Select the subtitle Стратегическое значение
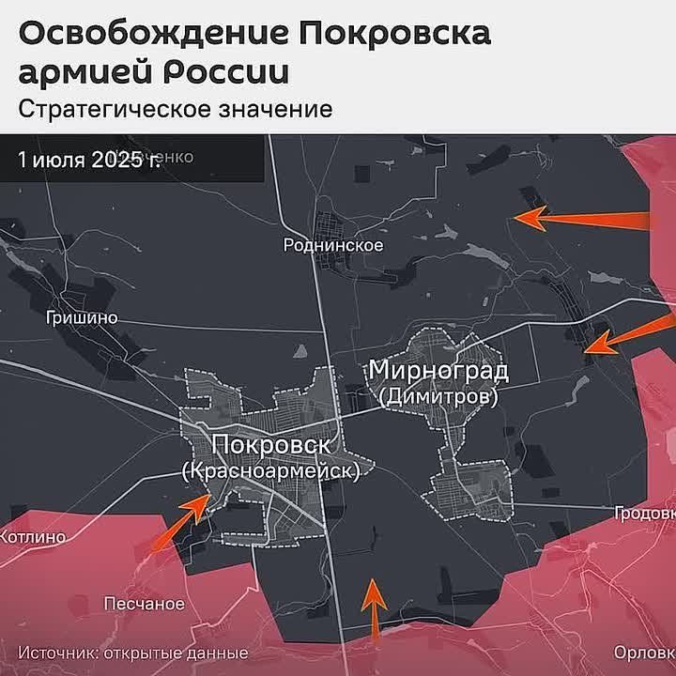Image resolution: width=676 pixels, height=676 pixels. point(176,109)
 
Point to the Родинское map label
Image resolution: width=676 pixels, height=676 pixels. point(334,245)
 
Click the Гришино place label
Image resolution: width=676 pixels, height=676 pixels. point(82,317)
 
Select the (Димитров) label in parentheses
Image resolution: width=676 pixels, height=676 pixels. point(438,397)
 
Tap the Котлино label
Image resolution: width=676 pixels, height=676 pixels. point(33,538)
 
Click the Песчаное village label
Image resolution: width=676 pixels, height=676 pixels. point(144,603)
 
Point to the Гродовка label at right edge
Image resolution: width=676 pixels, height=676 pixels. point(645,514)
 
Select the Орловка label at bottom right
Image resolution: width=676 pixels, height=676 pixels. point(643,653)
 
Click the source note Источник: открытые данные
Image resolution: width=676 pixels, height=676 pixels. point(132,653)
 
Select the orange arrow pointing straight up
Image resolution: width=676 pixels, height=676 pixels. point(375,608)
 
